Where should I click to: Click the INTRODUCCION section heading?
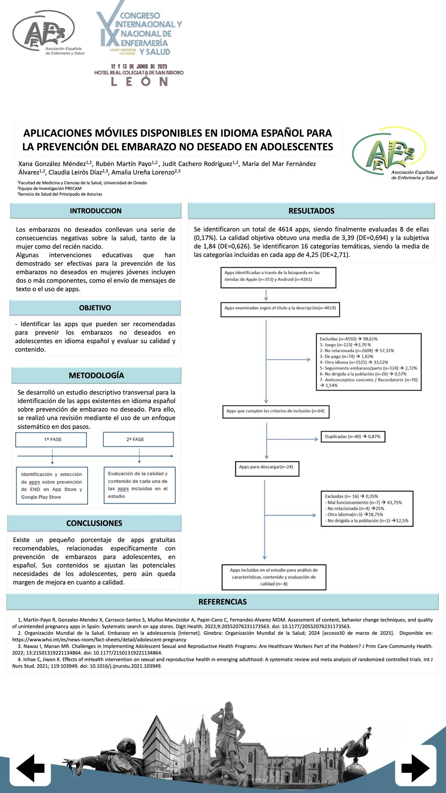pyautogui.click(x=95, y=211)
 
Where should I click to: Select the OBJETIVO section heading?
pyautogui.click(x=95, y=308)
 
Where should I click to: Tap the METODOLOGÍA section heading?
pyautogui.click(x=96, y=375)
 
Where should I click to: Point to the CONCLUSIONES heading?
pyautogui.click(x=94, y=523)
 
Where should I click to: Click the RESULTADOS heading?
pyautogui.click(x=311, y=211)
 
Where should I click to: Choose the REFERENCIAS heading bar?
pyautogui.click(x=222, y=602)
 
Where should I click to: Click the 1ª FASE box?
pyautogui.click(x=51, y=439)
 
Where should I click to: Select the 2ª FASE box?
pyautogui.click(x=138, y=439)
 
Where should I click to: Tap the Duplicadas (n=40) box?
pyautogui.click(x=353, y=437)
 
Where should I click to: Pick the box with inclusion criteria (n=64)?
pyautogui.click(x=275, y=411)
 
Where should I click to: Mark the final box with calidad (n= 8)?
pyautogui.click(x=274, y=577)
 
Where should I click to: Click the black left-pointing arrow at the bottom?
pyautogui.click(x=31, y=768)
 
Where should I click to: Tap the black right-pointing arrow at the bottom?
pyautogui.click(x=415, y=768)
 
